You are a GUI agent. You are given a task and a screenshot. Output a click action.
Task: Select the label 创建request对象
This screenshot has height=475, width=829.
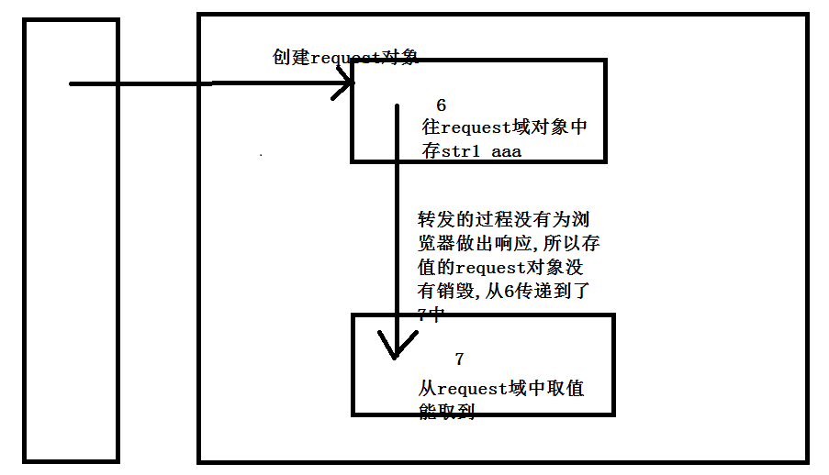(x=345, y=57)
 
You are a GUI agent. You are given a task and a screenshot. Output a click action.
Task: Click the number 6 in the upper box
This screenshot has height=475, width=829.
(x=441, y=105)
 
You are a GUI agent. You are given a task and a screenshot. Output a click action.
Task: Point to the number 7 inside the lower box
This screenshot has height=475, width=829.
(x=459, y=358)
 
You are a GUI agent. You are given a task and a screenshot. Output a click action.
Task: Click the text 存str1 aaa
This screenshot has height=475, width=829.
(x=472, y=151)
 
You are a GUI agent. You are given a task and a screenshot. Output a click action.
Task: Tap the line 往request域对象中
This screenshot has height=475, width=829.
(x=504, y=128)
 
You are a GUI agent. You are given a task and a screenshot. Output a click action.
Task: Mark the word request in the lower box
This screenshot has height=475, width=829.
(x=472, y=389)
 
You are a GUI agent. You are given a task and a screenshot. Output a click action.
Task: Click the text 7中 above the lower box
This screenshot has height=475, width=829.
(x=431, y=315)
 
